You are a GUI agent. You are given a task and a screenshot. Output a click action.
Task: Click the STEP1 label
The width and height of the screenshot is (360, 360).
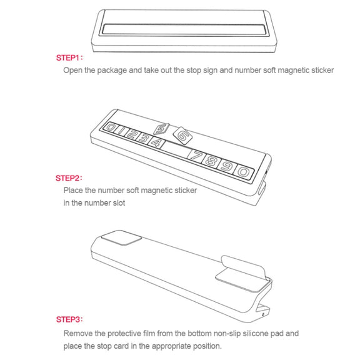click(69, 57)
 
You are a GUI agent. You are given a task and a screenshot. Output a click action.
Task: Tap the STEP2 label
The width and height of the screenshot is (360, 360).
click(69, 178)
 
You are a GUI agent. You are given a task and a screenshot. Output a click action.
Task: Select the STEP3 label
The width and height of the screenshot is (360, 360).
click(69, 319)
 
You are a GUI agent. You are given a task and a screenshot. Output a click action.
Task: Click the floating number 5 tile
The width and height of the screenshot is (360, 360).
click(162, 129)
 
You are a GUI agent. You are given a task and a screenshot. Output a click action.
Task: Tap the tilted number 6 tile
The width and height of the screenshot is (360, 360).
click(182, 136)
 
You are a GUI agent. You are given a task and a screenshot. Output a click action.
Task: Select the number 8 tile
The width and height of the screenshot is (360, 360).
click(211, 161)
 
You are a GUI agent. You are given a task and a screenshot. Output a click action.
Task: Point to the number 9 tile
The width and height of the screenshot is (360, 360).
click(226, 167)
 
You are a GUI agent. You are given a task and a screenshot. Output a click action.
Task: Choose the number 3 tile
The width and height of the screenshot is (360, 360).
click(144, 138)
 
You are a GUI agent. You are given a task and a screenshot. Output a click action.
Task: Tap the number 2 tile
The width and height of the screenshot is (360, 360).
click(131, 134)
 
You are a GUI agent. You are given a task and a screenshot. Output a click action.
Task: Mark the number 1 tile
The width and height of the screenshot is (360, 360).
click(120, 131)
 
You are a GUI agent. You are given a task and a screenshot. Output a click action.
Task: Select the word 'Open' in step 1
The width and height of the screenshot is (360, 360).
click(72, 70)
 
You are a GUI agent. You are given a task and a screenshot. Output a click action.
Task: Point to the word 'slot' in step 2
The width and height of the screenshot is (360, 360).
click(119, 203)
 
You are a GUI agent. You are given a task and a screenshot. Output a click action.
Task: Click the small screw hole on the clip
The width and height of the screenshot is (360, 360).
click(263, 314)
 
